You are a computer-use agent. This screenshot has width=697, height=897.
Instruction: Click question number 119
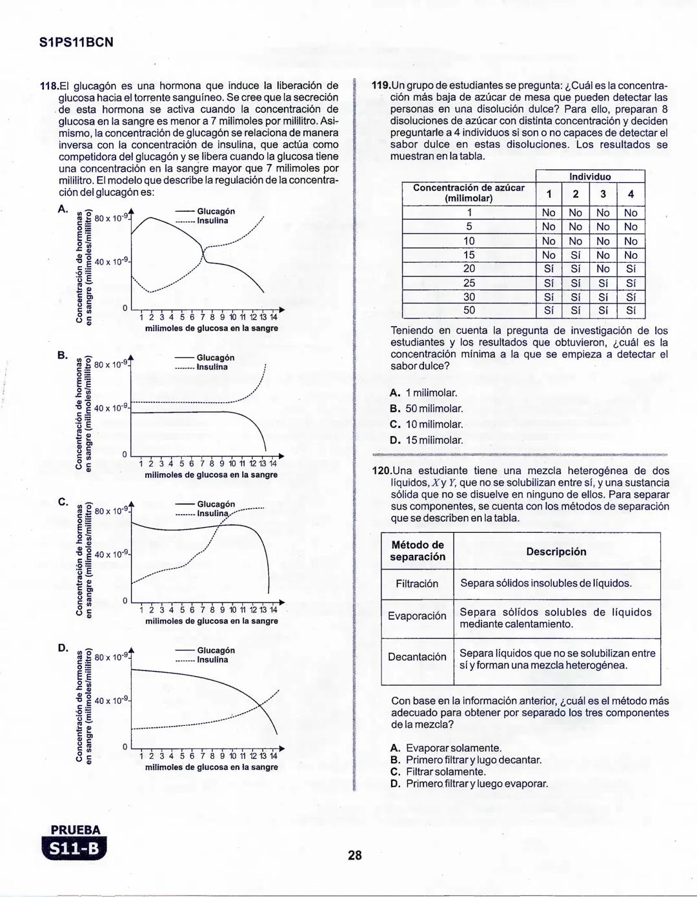pos(381,86)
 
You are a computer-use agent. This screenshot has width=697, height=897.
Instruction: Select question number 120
pos(383,471)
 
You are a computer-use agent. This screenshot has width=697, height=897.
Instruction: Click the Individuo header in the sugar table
pos(590,176)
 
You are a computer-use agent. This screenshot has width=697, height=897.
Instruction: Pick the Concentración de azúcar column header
pos(469,192)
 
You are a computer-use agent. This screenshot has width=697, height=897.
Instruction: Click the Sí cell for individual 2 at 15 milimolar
pos(576,255)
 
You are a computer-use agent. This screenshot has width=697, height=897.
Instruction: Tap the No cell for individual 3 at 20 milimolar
pos(603,269)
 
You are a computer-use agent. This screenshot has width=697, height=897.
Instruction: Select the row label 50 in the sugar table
pos(469,310)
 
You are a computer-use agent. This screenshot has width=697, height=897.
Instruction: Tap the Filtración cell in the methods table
pos(417,584)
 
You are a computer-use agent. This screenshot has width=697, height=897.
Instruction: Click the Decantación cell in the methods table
pos(417,657)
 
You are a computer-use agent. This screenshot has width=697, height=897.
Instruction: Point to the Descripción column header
pos(556,552)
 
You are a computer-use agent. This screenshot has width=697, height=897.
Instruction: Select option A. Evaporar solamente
pos(446,748)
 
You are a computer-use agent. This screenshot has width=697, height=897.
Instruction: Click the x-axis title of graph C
pos(211,621)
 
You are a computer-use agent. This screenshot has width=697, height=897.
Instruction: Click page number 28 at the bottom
pos(354,856)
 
